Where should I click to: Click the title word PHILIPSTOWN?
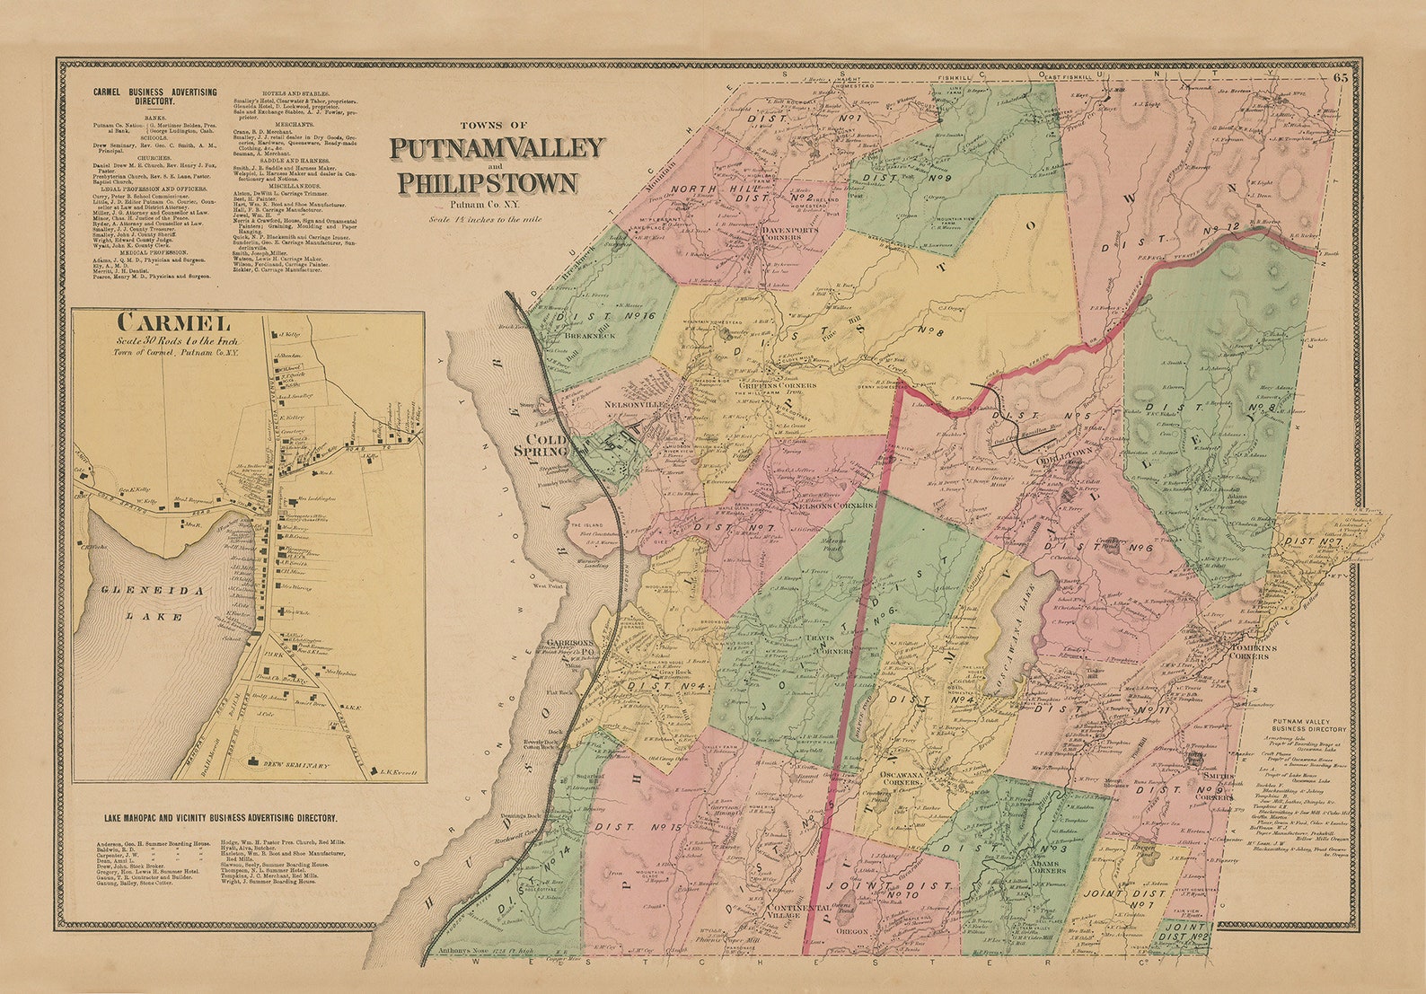tap(488, 184)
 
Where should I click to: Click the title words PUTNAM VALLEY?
tap(497, 147)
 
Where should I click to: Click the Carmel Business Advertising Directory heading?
tap(147, 97)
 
